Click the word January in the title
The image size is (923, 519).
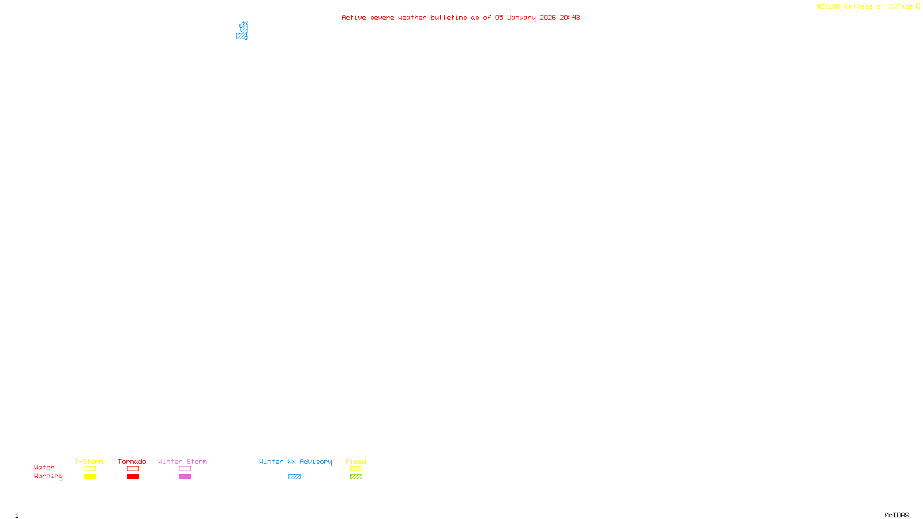[521, 17]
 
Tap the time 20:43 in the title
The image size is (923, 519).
[569, 17]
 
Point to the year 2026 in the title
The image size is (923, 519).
[547, 17]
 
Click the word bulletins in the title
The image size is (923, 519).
[448, 17]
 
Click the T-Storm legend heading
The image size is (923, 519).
[89, 461]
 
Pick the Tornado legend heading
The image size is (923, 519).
[132, 461]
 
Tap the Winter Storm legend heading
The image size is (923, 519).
[182, 461]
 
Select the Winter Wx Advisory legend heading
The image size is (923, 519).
[295, 461]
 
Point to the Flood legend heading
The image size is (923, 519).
[356, 461]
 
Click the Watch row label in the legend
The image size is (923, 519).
[44, 467]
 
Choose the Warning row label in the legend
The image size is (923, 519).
[48, 476]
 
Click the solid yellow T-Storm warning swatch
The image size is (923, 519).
[89, 477]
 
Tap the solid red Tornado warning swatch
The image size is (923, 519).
[133, 477]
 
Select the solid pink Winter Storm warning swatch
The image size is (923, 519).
[185, 477]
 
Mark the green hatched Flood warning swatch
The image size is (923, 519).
[356, 477]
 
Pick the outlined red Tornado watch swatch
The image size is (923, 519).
[133, 469]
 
